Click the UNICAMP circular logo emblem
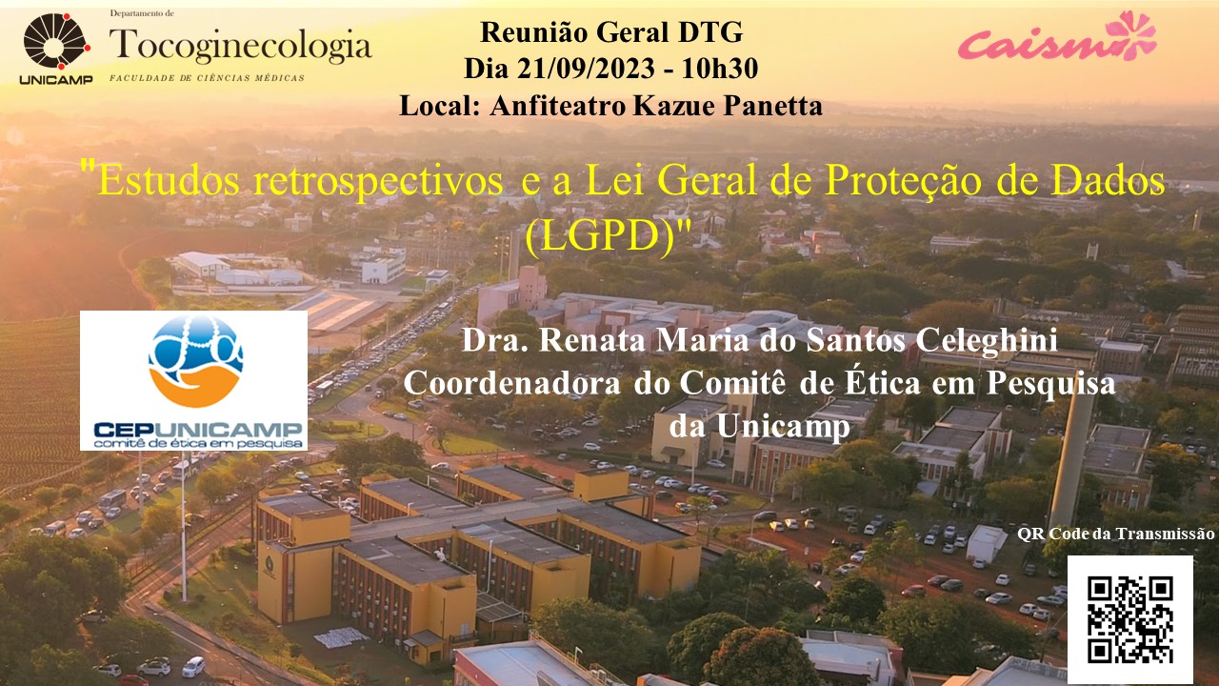56,41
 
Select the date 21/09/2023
586,69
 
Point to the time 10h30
719,69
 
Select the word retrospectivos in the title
378,181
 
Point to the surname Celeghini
987,340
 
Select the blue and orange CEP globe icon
195,360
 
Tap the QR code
1129,619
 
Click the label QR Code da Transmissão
1115,534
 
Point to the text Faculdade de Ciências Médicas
207,78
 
